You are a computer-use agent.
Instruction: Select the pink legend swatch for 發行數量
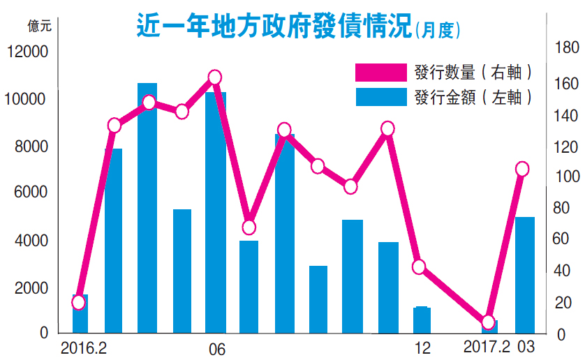(380, 72)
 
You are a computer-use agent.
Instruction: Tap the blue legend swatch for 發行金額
(380, 96)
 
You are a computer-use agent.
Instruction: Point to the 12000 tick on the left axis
(27, 52)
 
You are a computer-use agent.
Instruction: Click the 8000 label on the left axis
(31, 147)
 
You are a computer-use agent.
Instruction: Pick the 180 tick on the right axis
(566, 47)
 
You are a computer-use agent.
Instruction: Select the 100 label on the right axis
(566, 176)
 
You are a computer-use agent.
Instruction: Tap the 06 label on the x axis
(216, 349)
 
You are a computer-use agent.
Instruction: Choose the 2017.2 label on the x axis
(487, 347)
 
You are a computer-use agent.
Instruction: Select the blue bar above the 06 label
(216, 212)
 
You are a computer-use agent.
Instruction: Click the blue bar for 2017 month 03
(524, 275)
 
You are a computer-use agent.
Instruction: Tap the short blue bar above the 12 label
(422, 320)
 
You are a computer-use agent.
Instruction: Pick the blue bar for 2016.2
(80, 314)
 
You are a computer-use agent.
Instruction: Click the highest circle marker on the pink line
(215, 77)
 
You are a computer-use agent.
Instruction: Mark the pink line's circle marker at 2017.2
(489, 322)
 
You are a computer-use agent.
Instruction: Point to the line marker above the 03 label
(522, 169)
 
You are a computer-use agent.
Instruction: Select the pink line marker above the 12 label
(419, 267)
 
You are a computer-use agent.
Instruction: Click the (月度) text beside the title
(440, 31)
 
